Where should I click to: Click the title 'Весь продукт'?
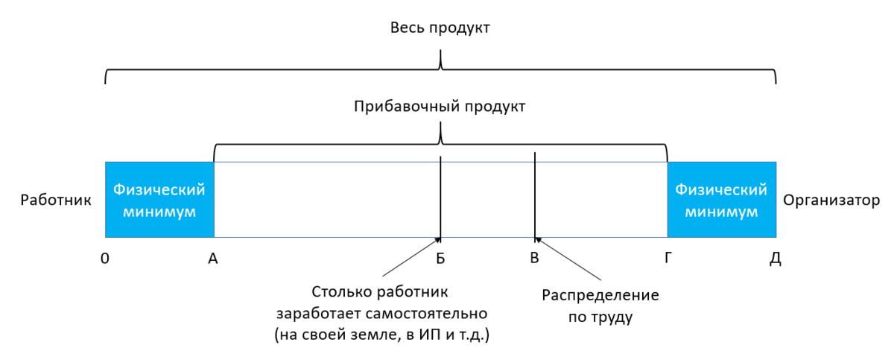point(440,28)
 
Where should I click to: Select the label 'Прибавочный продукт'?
point(440,107)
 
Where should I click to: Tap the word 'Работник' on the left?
point(56,200)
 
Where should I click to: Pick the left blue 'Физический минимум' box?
point(159,200)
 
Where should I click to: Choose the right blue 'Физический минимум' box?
point(721,200)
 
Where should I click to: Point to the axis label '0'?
point(105,259)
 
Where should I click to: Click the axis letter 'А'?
point(213,259)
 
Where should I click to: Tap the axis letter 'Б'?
point(440,259)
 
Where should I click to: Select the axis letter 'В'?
point(534,259)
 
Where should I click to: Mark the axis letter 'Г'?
point(667,259)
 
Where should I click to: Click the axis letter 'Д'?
point(776,259)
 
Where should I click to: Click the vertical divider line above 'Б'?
point(441,198)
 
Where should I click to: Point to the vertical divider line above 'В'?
point(535,194)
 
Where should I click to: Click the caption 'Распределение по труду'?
point(600,306)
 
